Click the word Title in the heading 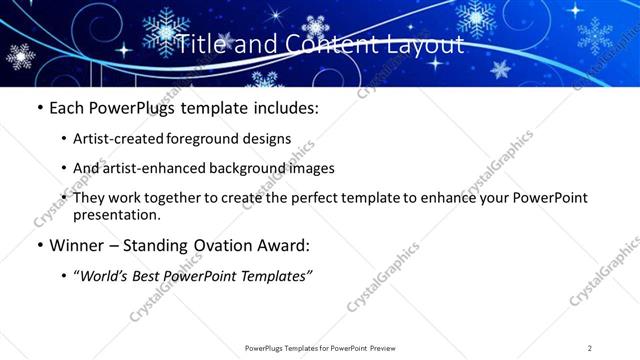[x=197, y=44]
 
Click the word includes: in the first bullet [x=283, y=106]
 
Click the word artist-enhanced [x=174, y=168]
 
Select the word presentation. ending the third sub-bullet [x=116, y=214]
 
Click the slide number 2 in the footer [x=590, y=347]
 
